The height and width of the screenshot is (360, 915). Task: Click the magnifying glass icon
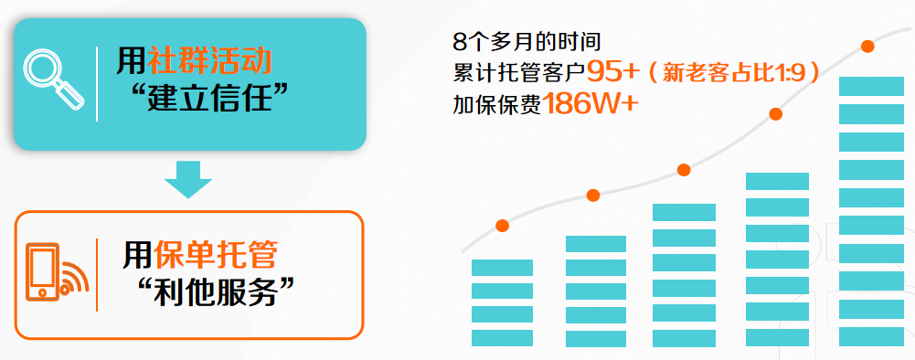[53, 79]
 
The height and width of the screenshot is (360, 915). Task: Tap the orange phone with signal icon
[57, 273]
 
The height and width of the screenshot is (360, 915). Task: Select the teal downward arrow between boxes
[188, 180]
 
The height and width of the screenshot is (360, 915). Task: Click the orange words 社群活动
[209, 61]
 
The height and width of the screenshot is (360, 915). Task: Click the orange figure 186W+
[590, 104]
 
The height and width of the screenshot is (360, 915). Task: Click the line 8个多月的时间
[527, 42]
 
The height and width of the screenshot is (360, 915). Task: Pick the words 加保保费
[497, 104]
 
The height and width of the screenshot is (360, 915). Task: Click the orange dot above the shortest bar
[502, 225]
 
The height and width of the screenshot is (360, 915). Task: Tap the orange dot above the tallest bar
[867, 46]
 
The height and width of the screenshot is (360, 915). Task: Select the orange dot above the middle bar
[684, 170]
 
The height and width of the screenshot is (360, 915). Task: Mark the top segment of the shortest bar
[502, 267]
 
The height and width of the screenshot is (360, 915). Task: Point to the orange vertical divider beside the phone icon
[97, 275]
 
